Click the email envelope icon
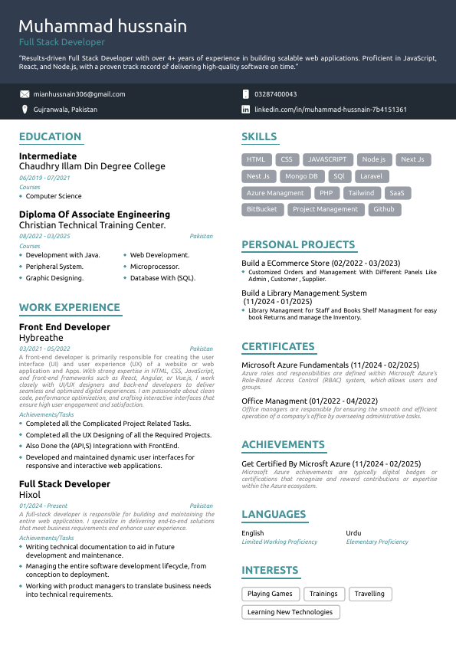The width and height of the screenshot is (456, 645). point(25,94)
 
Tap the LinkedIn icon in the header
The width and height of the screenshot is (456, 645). point(245,110)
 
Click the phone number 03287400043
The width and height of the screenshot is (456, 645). point(275,94)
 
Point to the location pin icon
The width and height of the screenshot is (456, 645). point(25,110)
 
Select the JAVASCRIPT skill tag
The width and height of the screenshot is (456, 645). point(327,159)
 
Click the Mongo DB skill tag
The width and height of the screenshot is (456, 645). point(301,176)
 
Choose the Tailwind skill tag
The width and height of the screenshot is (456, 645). point(361,193)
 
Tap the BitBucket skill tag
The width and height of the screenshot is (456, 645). point(262,209)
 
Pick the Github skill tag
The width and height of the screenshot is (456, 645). point(384,209)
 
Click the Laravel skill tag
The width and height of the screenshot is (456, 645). point(371,176)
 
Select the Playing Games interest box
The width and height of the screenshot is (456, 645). point(270,594)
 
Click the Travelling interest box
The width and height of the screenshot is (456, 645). point(369,594)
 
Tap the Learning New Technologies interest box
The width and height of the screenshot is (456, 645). point(290,612)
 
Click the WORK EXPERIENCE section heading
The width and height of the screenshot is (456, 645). point(70,308)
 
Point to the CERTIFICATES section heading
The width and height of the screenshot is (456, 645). point(277,346)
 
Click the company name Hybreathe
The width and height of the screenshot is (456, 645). point(41,337)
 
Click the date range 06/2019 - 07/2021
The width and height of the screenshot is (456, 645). point(44,178)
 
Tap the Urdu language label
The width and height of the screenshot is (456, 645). point(353,533)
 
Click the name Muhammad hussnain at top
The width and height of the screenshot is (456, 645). point(103,27)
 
